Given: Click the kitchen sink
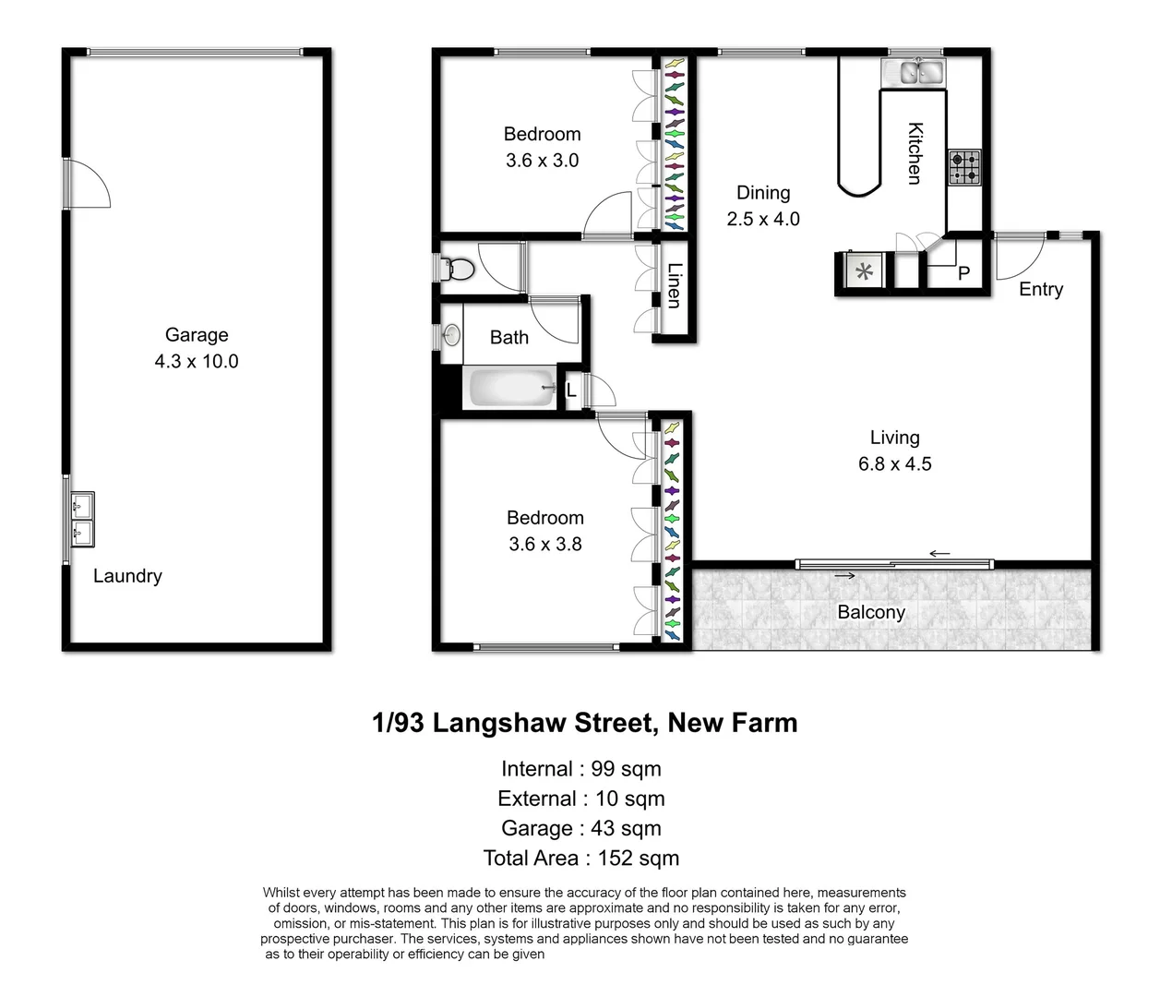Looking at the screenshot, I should [x=913, y=71].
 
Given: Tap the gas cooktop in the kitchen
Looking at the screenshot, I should [x=965, y=168].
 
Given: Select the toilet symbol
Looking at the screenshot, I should [x=459, y=269].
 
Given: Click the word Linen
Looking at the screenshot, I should [x=675, y=285].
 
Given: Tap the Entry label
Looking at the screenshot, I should [x=1040, y=290].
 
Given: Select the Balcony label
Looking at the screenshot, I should [x=870, y=613].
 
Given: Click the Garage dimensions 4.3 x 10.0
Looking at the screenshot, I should [x=196, y=362].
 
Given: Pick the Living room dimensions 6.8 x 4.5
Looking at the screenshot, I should [x=894, y=464].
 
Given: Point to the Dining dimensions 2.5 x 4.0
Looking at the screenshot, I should [x=762, y=220].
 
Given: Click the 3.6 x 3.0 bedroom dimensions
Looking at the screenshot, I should [x=542, y=161].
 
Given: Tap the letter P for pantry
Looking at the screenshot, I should [x=963, y=274].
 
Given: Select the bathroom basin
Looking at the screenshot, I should [x=451, y=334].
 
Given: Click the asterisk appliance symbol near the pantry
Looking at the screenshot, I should [x=864, y=272].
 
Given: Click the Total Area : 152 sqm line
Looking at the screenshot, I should [x=580, y=859].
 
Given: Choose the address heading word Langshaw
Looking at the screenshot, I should [x=544, y=723].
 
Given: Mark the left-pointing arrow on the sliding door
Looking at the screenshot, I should [x=939, y=554].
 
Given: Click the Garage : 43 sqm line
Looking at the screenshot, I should [x=580, y=829].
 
